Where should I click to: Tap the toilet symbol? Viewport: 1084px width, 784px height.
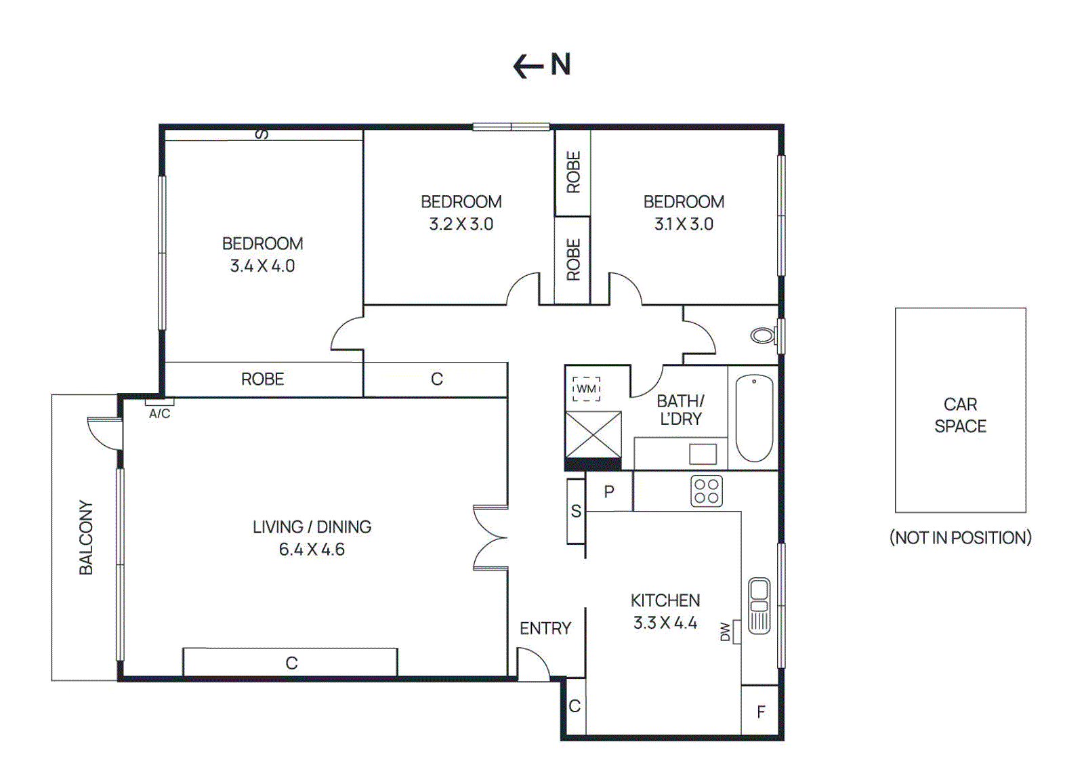pyautogui.click(x=764, y=335)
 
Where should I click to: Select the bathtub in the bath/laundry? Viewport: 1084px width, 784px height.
pyautogui.click(x=754, y=418)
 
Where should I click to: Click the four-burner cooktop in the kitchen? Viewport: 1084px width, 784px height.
pyautogui.click(x=706, y=491)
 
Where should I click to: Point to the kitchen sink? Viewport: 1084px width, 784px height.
pyautogui.click(x=759, y=605)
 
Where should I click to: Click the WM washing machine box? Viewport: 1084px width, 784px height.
pyautogui.click(x=586, y=389)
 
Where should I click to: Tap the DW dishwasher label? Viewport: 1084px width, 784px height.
pyautogui.click(x=726, y=632)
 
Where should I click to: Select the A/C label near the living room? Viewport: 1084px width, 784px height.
pyautogui.click(x=160, y=413)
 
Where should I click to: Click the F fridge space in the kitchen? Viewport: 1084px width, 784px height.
pyautogui.click(x=761, y=711)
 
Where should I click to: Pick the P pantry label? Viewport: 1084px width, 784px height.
pyautogui.click(x=609, y=491)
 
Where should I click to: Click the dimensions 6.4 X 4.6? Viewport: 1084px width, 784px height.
pyautogui.click(x=312, y=549)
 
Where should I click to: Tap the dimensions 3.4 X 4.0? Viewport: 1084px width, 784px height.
pyautogui.click(x=262, y=266)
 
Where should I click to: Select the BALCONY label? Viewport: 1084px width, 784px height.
pyautogui.click(x=86, y=537)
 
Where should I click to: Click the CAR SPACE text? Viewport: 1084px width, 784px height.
pyautogui.click(x=960, y=415)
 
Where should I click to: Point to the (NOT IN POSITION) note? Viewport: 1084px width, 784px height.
pyautogui.click(x=960, y=537)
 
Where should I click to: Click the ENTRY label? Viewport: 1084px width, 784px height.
pyautogui.click(x=545, y=628)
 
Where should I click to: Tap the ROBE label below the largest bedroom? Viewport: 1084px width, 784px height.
pyautogui.click(x=262, y=379)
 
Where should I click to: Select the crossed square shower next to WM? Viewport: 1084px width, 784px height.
pyautogui.click(x=593, y=434)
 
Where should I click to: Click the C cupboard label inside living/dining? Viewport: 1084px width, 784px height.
pyautogui.click(x=291, y=663)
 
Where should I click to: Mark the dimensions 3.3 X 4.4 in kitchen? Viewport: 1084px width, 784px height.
pyautogui.click(x=665, y=623)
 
